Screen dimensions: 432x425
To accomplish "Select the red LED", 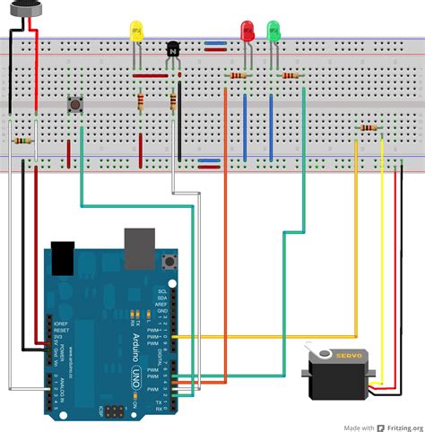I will click(248, 31).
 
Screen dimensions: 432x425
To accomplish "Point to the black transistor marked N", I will click(173, 53).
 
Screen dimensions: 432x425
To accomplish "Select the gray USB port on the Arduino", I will click(139, 248).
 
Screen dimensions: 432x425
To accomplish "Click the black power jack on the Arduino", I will click(62, 256).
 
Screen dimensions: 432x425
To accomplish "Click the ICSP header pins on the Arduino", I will click(114, 412).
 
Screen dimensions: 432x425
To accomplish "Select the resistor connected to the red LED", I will click(240, 75).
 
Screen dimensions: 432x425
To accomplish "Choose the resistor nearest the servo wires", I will click(369, 128).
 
